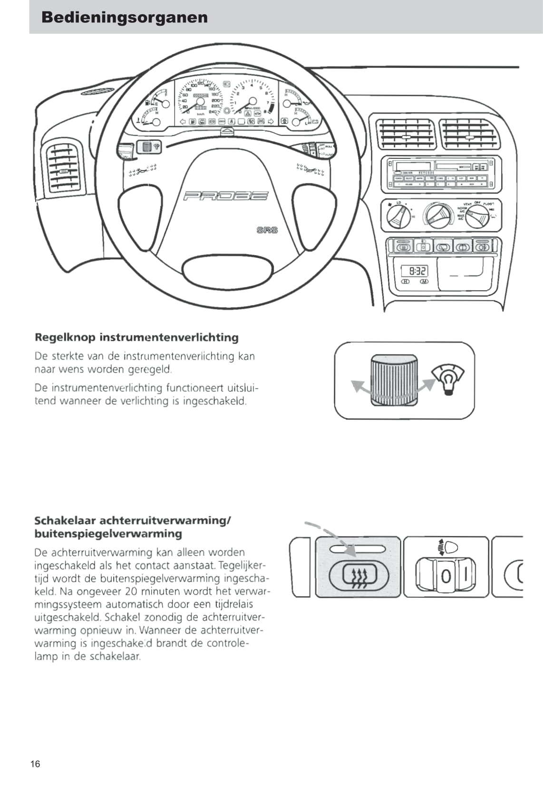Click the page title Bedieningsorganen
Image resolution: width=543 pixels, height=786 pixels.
point(125,17)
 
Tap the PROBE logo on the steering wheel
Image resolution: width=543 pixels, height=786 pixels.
point(226,196)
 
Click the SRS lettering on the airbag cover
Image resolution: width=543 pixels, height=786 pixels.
point(267,230)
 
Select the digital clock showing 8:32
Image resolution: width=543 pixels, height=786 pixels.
point(415,271)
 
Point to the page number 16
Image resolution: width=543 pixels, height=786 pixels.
point(35,764)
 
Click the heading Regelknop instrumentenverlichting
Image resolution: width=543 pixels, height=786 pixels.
point(136,337)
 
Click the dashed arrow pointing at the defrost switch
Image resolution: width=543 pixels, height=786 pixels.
point(331,537)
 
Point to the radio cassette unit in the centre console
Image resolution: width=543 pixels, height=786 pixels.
point(441,173)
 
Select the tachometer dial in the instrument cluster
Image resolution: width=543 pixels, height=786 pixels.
point(252,101)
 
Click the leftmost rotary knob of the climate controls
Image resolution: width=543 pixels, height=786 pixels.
point(397,217)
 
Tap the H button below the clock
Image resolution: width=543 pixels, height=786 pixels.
point(406,282)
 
